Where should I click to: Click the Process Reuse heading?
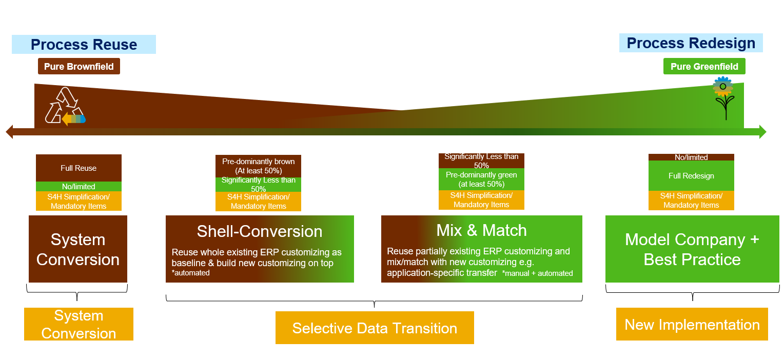(84, 45)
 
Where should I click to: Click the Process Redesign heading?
(691, 43)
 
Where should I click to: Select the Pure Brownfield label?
(79, 67)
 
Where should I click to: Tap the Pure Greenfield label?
(704, 67)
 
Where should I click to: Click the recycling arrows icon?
(65, 106)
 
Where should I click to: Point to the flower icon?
(723, 97)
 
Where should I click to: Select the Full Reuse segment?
(79, 168)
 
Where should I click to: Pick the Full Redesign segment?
(691, 176)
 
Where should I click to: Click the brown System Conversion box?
(78, 249)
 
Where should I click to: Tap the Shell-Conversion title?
(260, 231)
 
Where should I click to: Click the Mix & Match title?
(481, 230)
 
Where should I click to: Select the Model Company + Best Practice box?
(692, 249)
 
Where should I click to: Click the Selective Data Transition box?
(375, 328)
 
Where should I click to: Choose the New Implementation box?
(692, 325)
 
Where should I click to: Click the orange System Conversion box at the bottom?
(79, 324)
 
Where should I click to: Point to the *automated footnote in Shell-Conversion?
(191, 273)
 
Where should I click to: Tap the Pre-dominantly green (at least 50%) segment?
(481, 179)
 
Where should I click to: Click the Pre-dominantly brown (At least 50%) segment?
(258, 166)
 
